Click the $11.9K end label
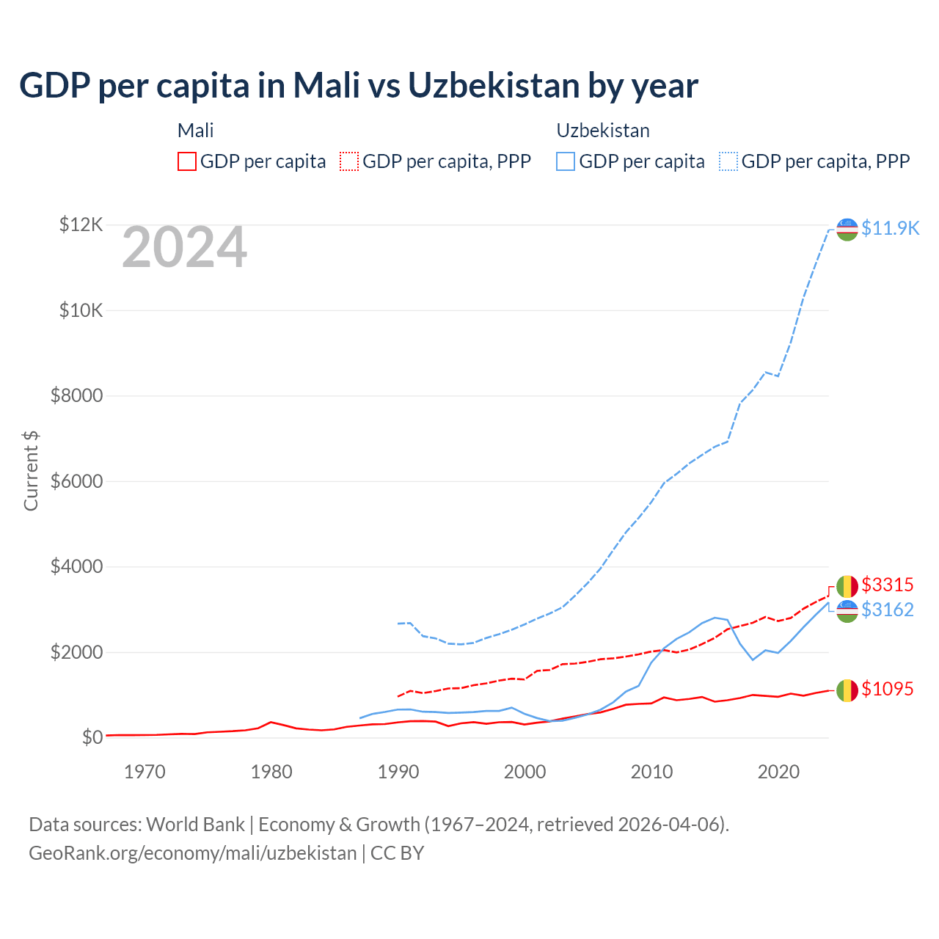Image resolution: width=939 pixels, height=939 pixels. coord(890,228)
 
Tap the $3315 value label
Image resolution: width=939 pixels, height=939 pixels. coord(888,585)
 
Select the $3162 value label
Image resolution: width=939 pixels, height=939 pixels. coord(888,610)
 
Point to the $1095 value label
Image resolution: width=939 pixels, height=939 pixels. coord(888,689)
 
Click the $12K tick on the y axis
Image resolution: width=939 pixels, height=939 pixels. coord(81,224)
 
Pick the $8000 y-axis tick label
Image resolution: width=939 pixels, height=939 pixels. coord(76,396)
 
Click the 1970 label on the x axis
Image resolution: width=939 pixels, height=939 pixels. coord(145,772)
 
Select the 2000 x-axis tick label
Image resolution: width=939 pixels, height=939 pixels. coord(525,772)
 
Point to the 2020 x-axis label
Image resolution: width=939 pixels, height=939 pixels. coord(778,772)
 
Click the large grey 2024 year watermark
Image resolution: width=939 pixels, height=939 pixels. coord(184,247)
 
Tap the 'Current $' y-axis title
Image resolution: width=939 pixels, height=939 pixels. coord(31,470)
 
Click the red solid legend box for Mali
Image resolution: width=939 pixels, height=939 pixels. coord(187,161)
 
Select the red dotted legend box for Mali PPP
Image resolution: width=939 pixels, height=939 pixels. coord(349,161)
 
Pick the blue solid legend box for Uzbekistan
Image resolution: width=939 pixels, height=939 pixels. coord(566,161)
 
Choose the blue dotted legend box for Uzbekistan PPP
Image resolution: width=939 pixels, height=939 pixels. coord(728,161)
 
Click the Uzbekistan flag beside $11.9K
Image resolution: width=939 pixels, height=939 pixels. coord(847,229)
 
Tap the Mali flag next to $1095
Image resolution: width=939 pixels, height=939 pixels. coord(847,690)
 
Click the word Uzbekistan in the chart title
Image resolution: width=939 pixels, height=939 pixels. coord(494,85)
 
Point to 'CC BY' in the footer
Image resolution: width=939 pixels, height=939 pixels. coord(397,853)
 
